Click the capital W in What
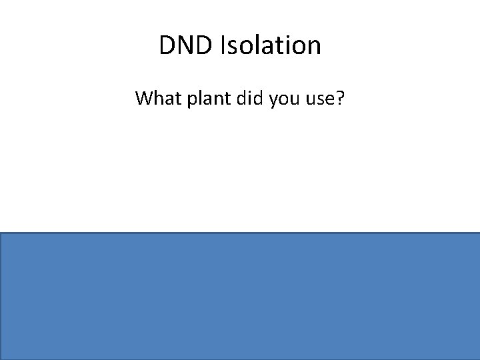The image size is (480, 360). coord(144,99)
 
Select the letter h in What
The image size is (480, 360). coord(158,99)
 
